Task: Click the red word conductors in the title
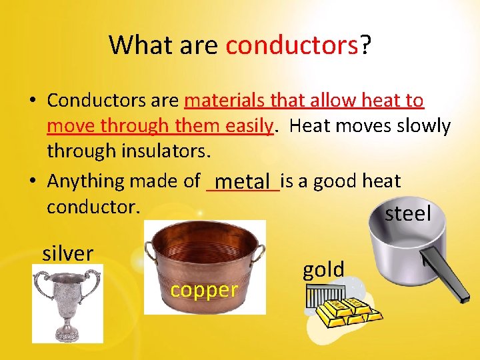pyautogui.click(x=292, y=45)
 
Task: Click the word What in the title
pyautogui.click(x=137, y=45)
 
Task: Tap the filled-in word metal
pyautogui.click(x=244, y=181)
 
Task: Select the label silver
pyautogui.click(x=67, y=254)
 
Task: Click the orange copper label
pyautogui.click(x=204, y=290)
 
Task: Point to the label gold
pyautogui.click(x=323, y=270)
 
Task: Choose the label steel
pyautogui.click(x=408, y=214)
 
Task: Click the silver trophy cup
pyautogui.click(x=67, y=301)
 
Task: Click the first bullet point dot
pyautogui.click(x=32, y=101)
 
